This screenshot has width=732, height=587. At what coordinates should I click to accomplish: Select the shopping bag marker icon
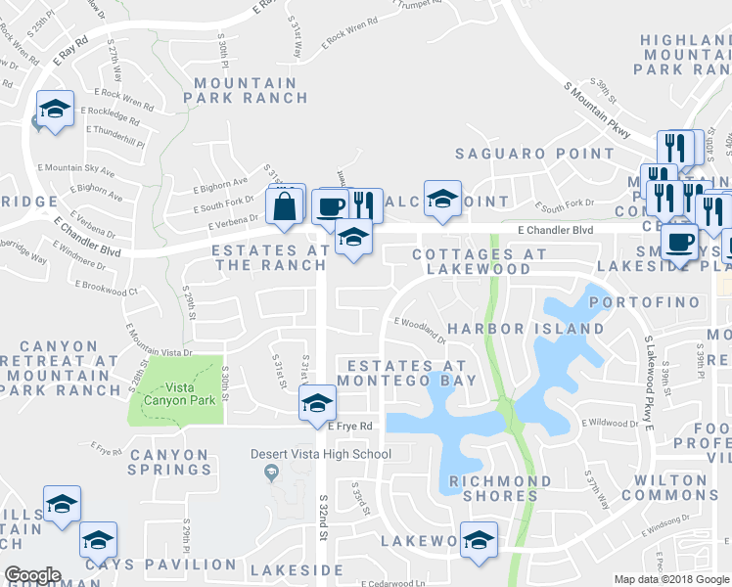click(284, 206)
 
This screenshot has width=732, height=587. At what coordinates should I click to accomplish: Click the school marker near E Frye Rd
click(318, 403)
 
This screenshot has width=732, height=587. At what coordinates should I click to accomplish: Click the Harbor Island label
click(526, 329)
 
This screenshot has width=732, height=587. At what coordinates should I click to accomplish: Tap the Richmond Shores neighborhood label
click(499, 489)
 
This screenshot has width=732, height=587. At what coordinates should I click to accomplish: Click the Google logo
click(32, 575)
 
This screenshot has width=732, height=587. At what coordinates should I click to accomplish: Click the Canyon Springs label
click(169, 463)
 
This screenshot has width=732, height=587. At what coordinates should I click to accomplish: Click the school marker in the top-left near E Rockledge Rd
click(55, 110)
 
